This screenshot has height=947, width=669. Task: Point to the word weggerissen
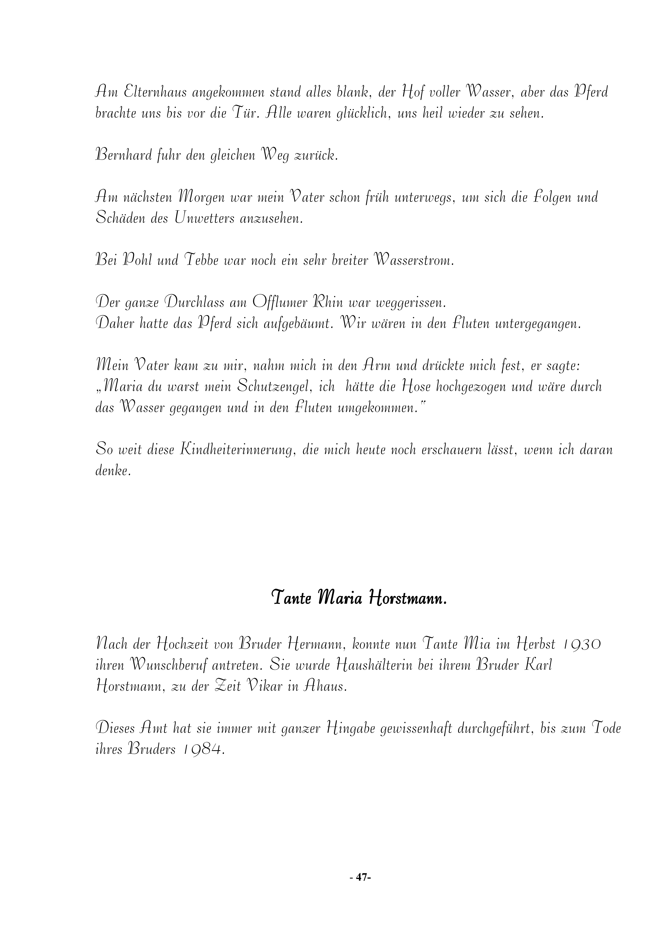point(411,303)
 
